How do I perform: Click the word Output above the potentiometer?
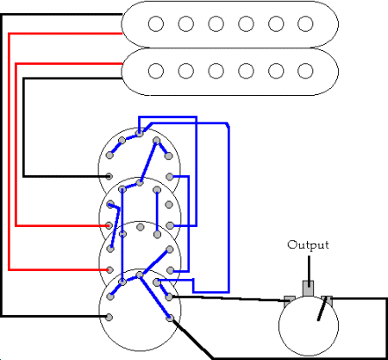pyautogui.click(x=308, y=245)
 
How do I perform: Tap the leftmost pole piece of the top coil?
pyautogui.click(x=156, y=23)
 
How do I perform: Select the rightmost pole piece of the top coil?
pyautogui.click(x=305, y=23)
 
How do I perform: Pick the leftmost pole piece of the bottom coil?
pyautogui.click(x=156, y=71)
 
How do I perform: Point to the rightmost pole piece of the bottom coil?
pyautogui.click(x=305, y=71)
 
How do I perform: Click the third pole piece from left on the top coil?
pyautogui.click(x=216, y=23)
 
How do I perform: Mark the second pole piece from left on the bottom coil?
pyautogui.click(x=186, y=71)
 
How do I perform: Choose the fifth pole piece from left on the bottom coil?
pyautogui.click(x=276, y=71)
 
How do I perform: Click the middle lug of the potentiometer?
pyautogui.click(x=308, y=288)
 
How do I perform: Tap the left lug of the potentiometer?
pyautogui.click(x=290, y=300)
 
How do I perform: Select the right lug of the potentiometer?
pyautogui.click(x=327, y=300)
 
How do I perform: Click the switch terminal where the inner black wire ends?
pyautogui.click(x=109, y=176)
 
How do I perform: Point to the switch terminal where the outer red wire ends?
pyautogui.click(x=110, y=270)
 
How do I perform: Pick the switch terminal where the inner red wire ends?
pyautogui.click(x=109, y=225)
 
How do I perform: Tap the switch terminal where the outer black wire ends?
pyautogui.click(x=109, y=317)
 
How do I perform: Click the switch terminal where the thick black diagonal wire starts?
pyautogui.click(x=170, y=318)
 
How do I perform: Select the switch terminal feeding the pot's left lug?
pyautogui.click(x=170, y=297)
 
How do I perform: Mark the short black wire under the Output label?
pyautogui.click(x=309, y=271)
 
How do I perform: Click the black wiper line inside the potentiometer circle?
pyautogui.click(x=322, y=309)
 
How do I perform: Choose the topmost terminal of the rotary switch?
pyautogui.click(x=140, y=133)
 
